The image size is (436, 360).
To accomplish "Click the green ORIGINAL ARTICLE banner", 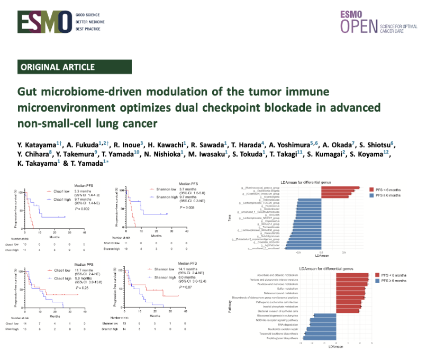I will click(x=57, y=67).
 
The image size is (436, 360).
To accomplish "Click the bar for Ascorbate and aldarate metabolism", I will click(x=352, y=275).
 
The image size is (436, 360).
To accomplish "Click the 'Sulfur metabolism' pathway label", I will click(x=290, y=289).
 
